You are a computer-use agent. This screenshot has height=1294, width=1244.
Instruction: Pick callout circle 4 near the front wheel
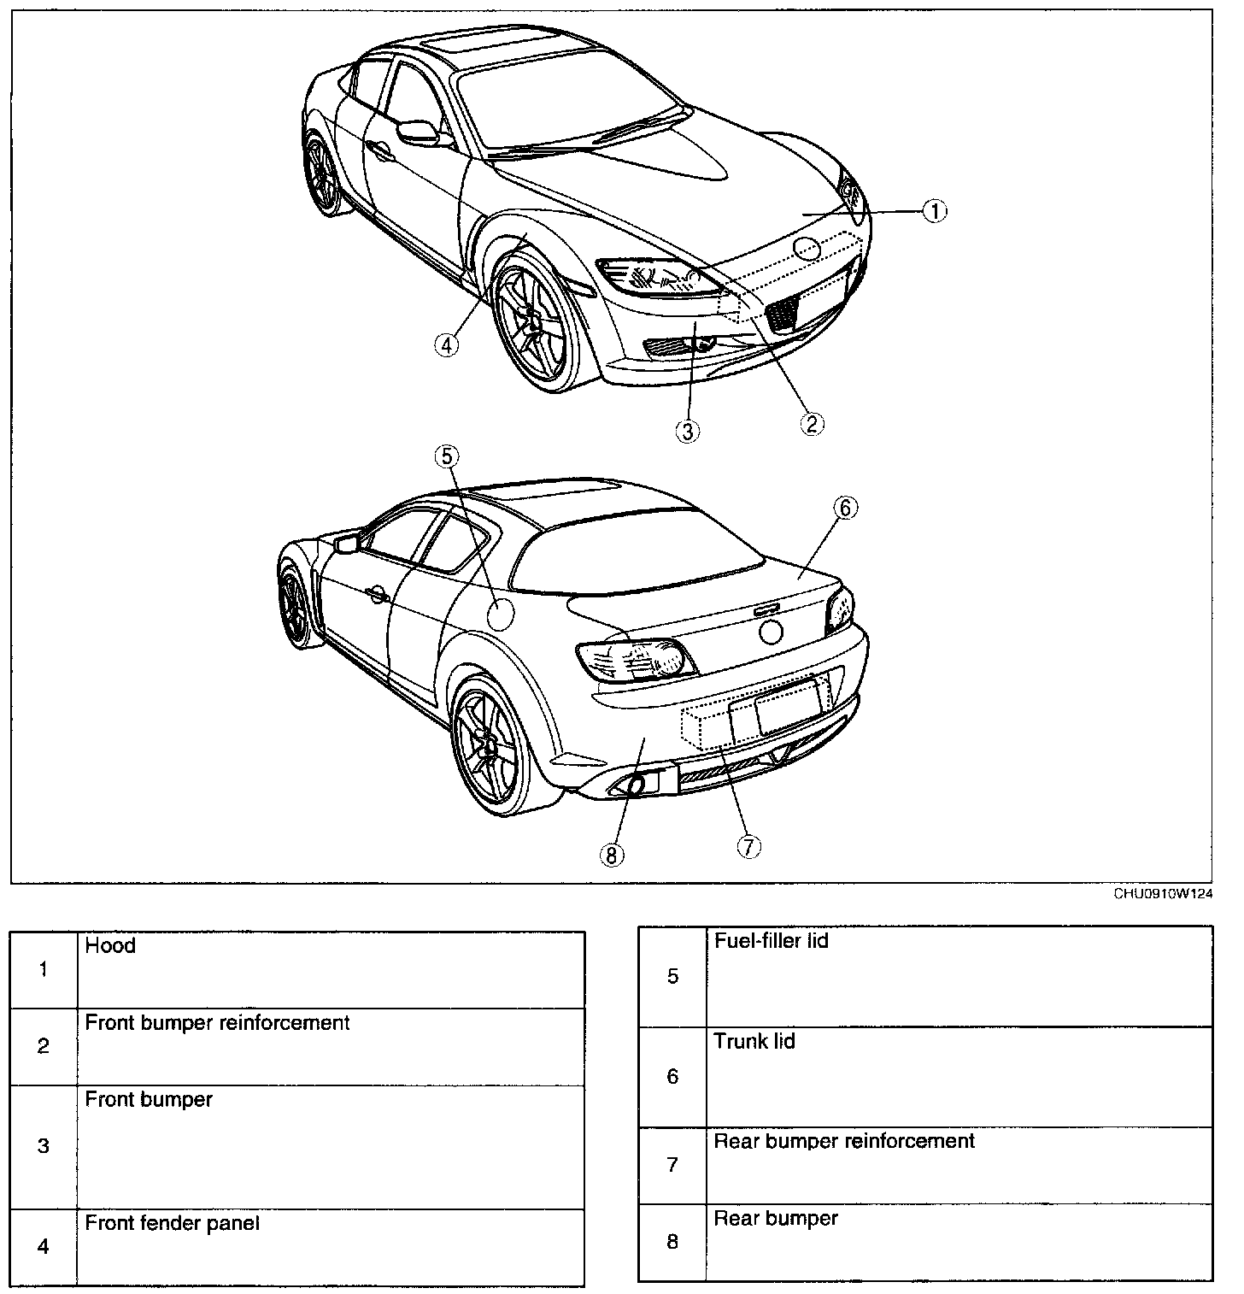pos(446,344)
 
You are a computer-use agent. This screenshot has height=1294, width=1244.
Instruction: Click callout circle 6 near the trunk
pos(844,508)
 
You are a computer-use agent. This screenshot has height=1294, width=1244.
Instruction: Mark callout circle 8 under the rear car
pos(613,855)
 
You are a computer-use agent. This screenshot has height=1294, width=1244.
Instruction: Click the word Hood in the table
pos(110,945)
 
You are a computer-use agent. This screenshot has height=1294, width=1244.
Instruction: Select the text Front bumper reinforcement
pos(217,1022)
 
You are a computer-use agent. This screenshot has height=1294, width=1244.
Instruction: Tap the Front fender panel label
pos(172,1223)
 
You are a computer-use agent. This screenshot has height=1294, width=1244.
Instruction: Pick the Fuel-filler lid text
pos(771,941)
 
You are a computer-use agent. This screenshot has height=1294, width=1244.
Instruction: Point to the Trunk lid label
pos(754,1041)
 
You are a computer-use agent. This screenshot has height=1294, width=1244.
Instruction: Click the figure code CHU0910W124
pos(1163,894)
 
